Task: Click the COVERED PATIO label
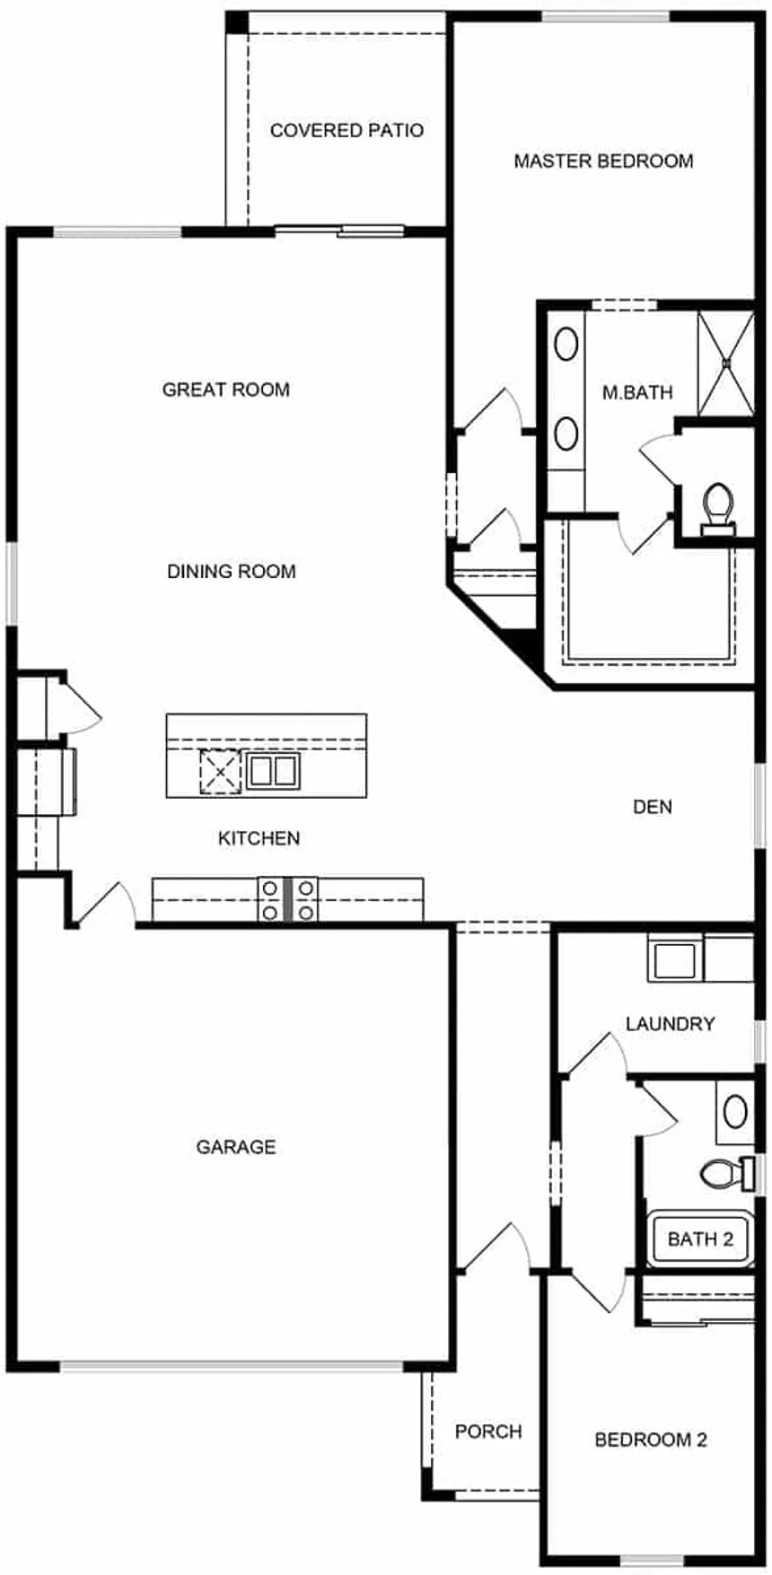coord(347,131)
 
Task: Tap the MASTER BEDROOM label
coord(603,162)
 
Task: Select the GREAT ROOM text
coord(226,389)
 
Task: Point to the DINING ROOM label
coord(232,572)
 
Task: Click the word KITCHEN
coord(259,838)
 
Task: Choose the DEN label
coord(653,807)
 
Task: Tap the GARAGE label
coord(236,1147)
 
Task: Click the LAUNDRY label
coord(671,1024)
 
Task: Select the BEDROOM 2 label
coord(651,1440)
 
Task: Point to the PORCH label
coord(488,1431)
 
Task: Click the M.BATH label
coord(637,392)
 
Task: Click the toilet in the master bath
coord(716,509)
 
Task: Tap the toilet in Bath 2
coord(730,1172)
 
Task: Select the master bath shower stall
coord(725,363)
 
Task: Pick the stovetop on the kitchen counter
coord(288,899)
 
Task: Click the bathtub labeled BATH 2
coord(700,1239)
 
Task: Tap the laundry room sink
coord(673,958)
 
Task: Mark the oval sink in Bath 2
coord(735,1113)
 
